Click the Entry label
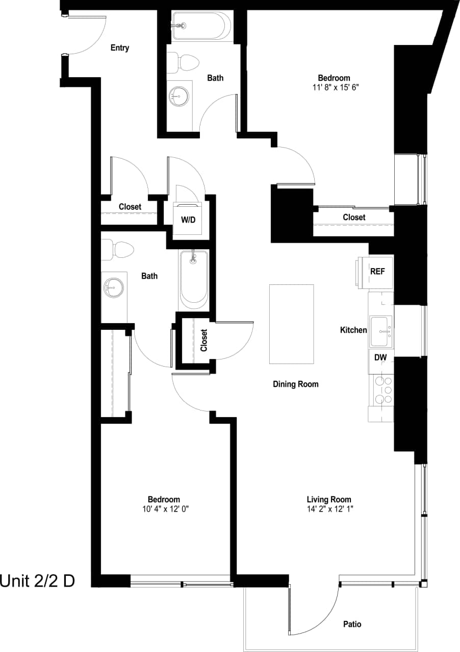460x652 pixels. [120, 48]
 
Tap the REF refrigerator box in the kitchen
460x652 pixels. [377, 272]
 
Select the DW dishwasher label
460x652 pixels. [380, 357]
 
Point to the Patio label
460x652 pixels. [352, 624]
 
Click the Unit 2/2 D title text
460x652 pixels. [38, 581]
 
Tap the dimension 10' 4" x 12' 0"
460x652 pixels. [164, 509]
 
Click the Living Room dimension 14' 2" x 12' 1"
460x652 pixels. [329, 509]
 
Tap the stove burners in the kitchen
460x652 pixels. [382, 390]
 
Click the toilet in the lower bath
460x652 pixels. [118, 250]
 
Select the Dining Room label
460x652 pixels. [295, 384]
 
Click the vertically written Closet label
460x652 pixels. [204, 340]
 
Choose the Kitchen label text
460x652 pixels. [353, 330]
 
